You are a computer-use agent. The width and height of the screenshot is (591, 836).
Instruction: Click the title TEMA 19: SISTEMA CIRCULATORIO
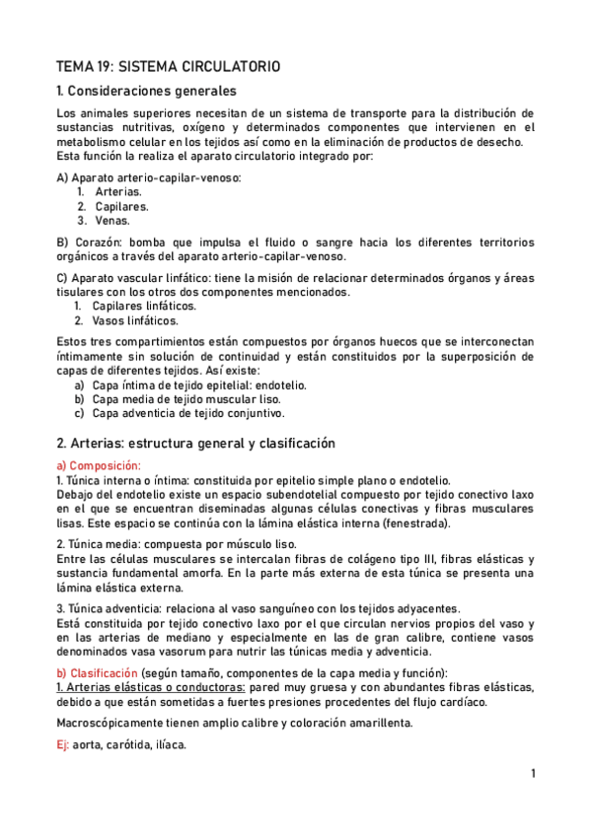tap(169, 67)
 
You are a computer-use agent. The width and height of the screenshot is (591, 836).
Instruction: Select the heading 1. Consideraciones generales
tap(160, 92)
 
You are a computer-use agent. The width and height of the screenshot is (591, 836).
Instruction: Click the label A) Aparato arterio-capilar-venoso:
tap(149, 177)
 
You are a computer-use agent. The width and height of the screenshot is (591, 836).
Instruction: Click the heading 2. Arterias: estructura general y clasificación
tap(196, 443)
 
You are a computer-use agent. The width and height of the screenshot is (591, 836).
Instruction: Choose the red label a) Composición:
tap(100, 464)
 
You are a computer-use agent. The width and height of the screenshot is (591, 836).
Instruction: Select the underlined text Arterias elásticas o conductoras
tap(151, 686)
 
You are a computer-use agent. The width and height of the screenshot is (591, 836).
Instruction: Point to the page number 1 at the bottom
tap(533, 774)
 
